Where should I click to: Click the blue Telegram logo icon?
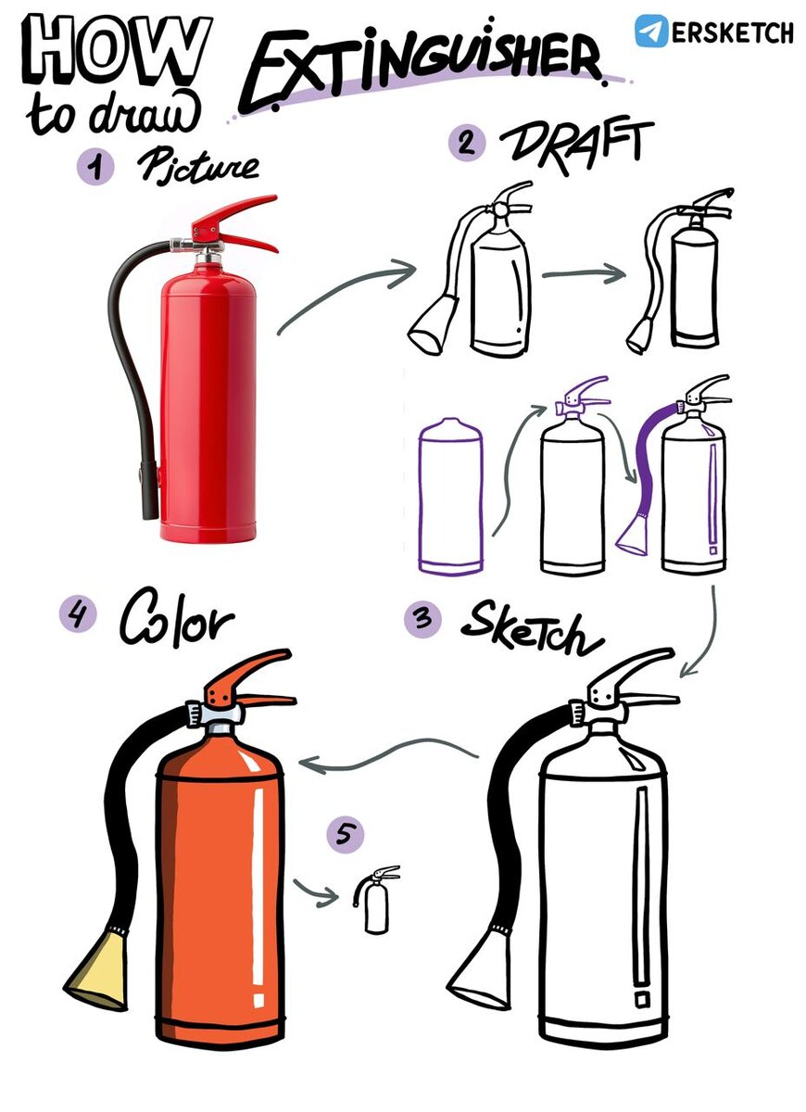[651, 31]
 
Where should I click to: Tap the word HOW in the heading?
[118, 51]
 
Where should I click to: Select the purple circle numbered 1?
[95, 168]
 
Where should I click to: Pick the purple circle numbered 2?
[467, 143]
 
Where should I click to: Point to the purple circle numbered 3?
[422, 619]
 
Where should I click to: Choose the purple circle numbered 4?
[77, 614]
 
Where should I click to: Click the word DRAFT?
[575, 145]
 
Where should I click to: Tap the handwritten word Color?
[176, 617]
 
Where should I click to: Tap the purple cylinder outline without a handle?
[450, 496]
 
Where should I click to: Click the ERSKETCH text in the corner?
[733, 32]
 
